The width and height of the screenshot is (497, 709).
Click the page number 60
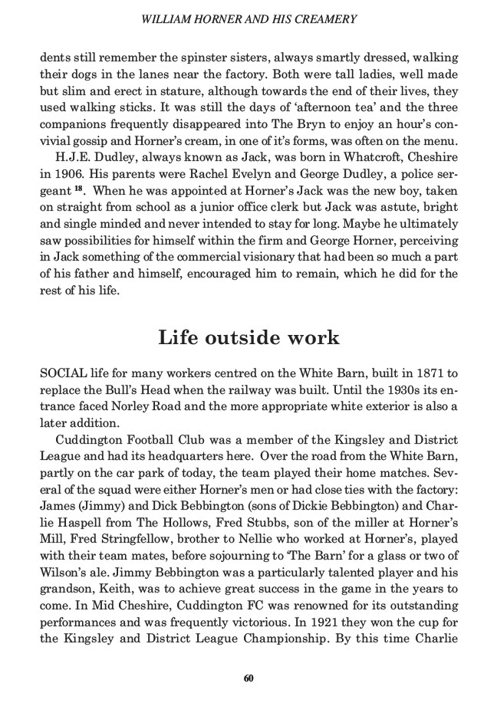[248, 678]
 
